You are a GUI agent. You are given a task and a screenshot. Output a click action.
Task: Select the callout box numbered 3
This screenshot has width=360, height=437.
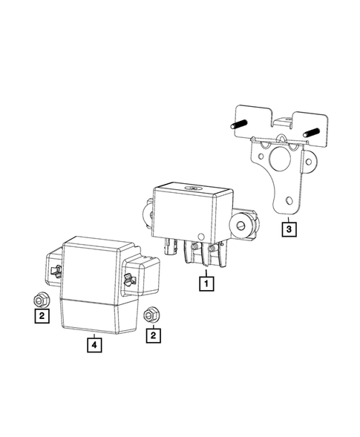287,229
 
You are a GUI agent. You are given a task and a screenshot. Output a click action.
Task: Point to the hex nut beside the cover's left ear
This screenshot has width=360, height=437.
41,299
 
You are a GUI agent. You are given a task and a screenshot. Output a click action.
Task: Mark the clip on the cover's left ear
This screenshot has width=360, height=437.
55,269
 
